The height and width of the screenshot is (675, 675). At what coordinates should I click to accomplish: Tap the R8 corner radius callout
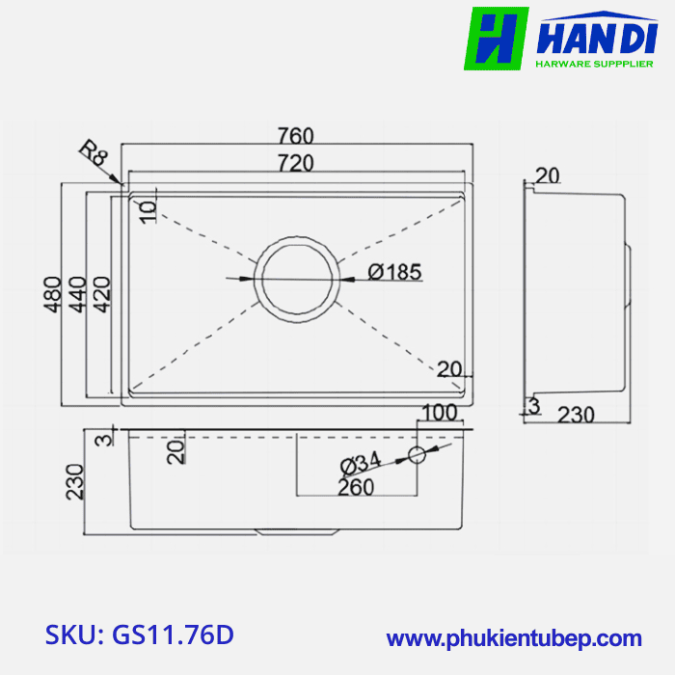(94, 154)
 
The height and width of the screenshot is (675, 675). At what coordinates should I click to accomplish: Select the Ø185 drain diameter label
(395, 273)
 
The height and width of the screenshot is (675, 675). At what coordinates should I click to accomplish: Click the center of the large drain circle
(297, 279)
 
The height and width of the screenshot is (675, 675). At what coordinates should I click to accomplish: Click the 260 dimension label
(356, 488)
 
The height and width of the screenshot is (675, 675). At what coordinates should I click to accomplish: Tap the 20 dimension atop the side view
(547, 175)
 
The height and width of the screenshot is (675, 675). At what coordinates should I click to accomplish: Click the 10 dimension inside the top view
(148, 212)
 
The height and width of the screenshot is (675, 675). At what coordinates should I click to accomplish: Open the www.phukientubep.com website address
(514, 637)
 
